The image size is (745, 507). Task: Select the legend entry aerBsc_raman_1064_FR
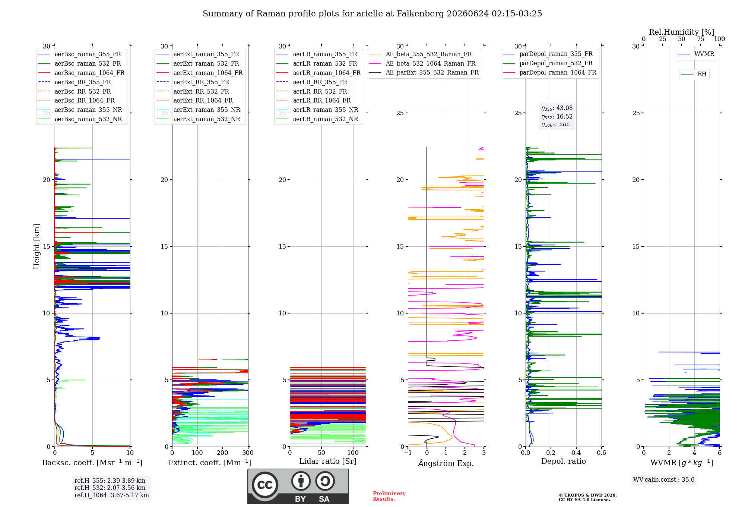click(x=81, y=73)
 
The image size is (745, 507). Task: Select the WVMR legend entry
click(x=696, y=54)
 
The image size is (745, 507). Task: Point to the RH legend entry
click(x=694, y=74)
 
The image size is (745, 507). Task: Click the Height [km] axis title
click(x=37, y=246)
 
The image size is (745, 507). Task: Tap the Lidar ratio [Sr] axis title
click(x=328, y=461)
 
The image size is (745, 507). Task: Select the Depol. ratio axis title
click(x=564, y=461)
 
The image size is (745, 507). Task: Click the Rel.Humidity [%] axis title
click(x=682, y=32)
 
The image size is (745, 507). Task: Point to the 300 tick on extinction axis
click(x=248, y=453)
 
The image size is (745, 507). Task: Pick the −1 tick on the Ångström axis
click(x=408, y=453)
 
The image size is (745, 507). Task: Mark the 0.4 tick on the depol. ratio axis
click(x=576, y=453)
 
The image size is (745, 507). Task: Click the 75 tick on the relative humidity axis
click(x=701, y=39)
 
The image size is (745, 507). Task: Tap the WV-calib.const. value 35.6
click(x=688, y=480)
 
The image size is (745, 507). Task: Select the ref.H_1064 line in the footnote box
click(x=112, y=495)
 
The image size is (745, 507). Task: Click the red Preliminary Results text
click(x=389, y=496)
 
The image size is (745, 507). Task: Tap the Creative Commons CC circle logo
click(x=265, y=485)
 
